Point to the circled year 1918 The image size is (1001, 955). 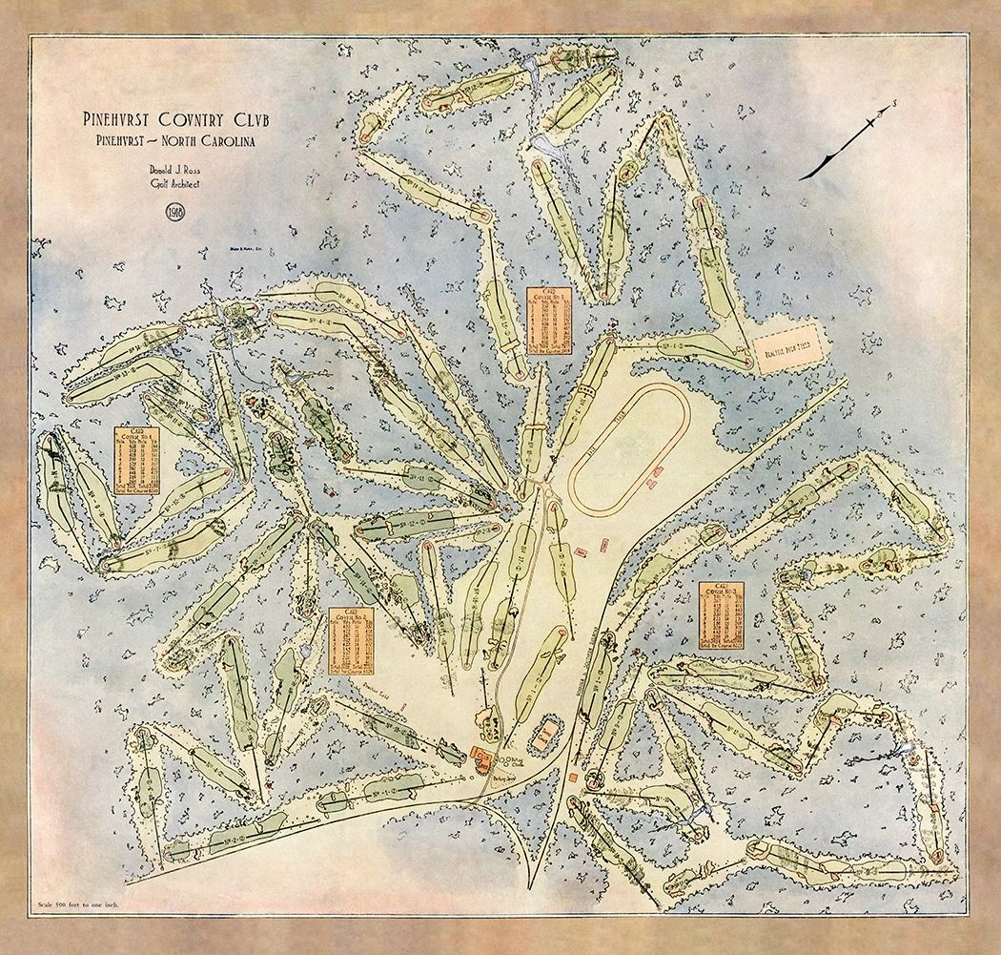click(x=175, y=212)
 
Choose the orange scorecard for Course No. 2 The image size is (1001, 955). click(x=354, y=640)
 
